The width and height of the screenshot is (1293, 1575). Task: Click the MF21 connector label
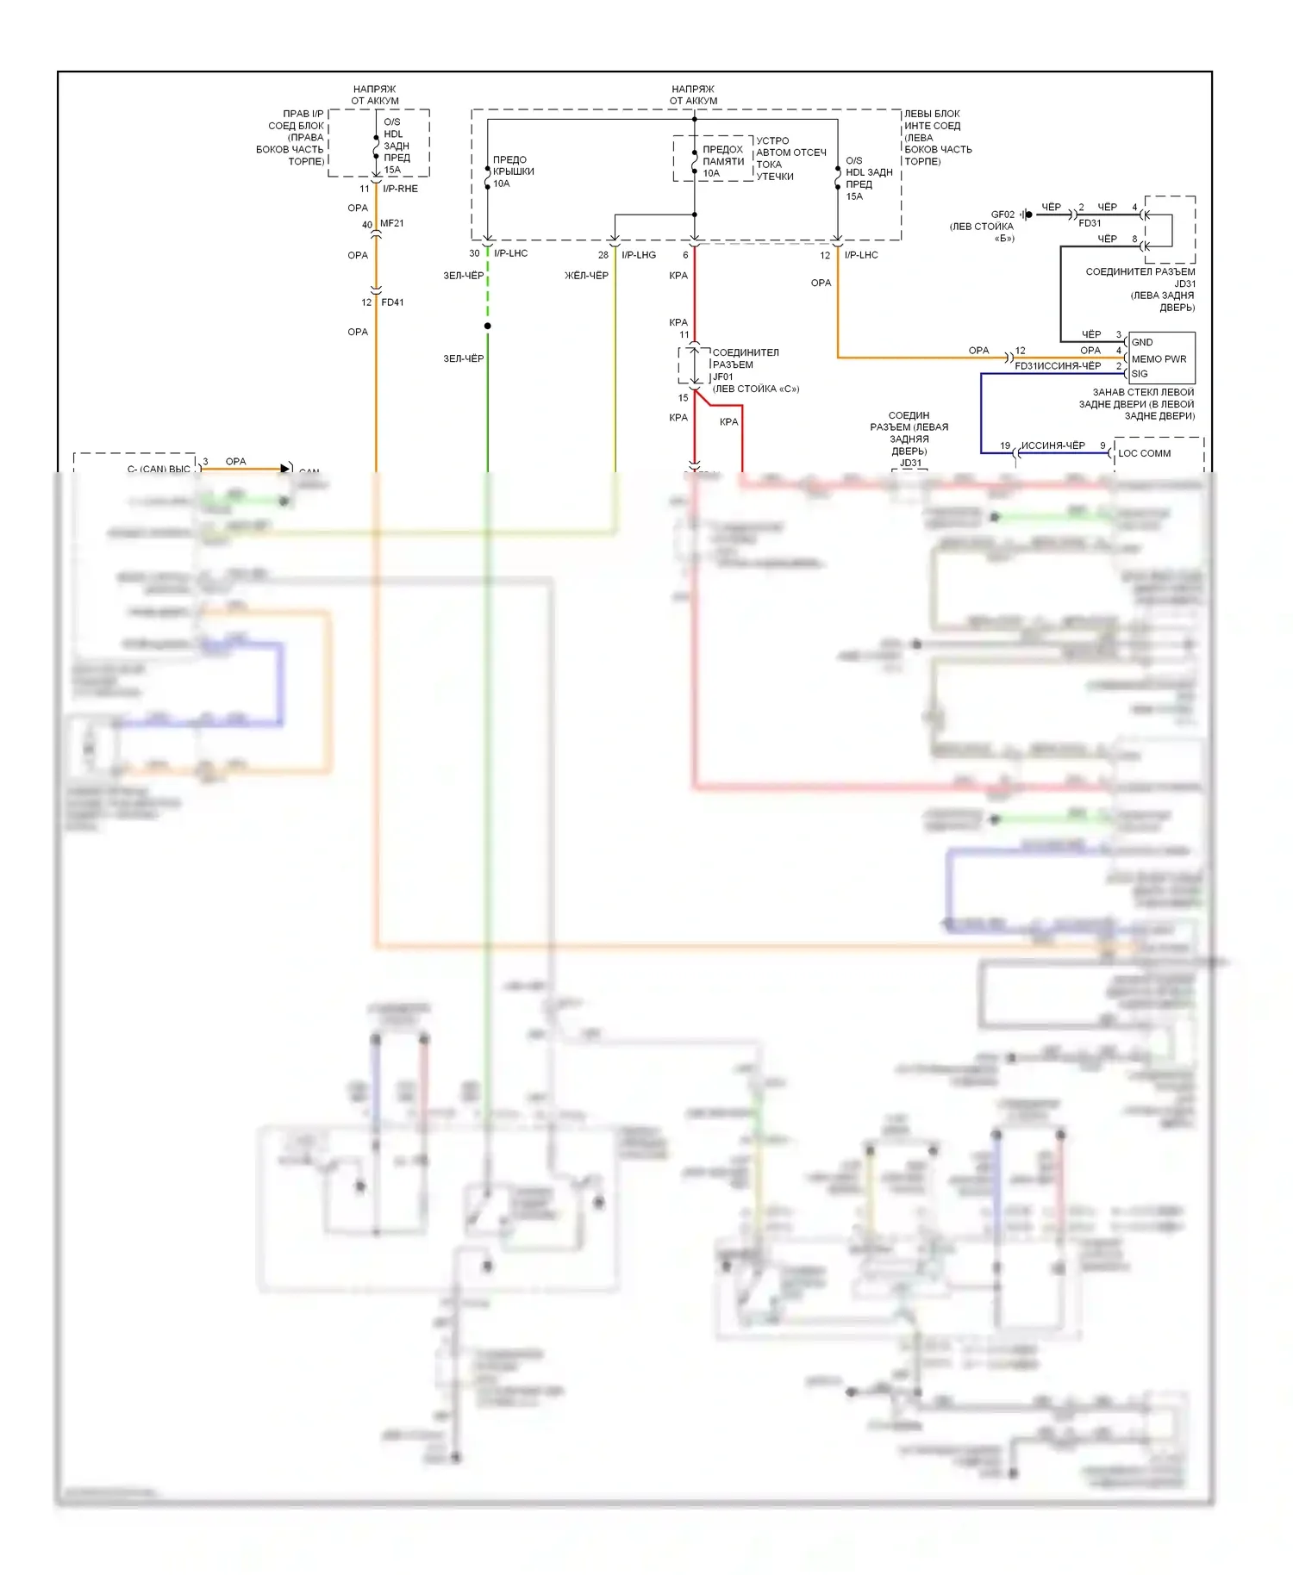pyautogui.click(x=392, y=223)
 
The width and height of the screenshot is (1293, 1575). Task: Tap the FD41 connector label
pyautogui.click(x=392, y=302)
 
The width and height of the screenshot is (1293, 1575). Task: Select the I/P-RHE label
pyautogui.click(x=400, y=189)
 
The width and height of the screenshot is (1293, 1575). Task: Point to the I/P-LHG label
pyautogui.click(x=639, y=255)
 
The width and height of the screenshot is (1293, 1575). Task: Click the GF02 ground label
pyautogui.click(x=1003, y=215)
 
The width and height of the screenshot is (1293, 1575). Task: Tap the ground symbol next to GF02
pyautogui.click(x=1026, y=215)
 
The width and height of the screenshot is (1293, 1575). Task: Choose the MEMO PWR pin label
pyautogui.click(x=1159, y=359)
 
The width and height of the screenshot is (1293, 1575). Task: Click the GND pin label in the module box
pyautogui.click(x=1142, y=342)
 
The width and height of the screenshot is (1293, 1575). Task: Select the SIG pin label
pyautogui.click(x=1140, y=374)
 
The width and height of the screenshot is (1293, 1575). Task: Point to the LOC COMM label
pyautogui.click(x=1145, y=453)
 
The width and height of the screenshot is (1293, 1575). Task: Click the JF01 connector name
pyautogui.click(x=722, y=377)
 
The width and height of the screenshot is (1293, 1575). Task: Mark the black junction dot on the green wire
pyautogui.click(x=488, y=326)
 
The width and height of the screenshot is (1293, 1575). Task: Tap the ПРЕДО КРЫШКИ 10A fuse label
pyautogui.click(x=513, y=171)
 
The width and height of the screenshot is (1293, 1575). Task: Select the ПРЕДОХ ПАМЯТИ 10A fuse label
pyautogui.click(x=722, y=161)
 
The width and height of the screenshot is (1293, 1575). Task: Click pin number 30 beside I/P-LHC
pyautogui.click(x=474, y=253)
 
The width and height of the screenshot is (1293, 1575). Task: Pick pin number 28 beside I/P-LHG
pyautogui.click(x=603, y=255)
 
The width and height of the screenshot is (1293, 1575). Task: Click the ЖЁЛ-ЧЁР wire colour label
pyautogui.click(x=586, y=276)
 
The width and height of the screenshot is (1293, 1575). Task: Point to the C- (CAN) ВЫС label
pyautogui.click(x=159, y=469)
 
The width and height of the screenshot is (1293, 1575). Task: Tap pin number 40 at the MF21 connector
pyautogui.click(x=367, y=225)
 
